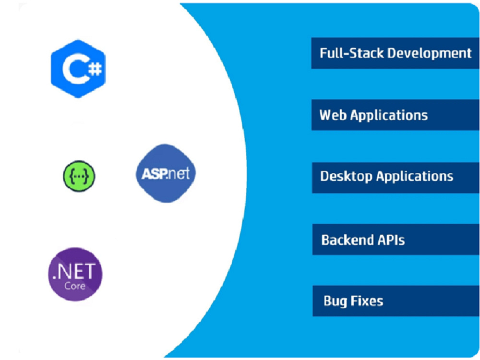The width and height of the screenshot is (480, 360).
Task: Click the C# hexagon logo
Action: pos(78,69)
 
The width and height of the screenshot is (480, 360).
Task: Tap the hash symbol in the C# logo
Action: pos(95,69)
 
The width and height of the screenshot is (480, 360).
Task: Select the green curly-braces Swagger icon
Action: pos(79,176)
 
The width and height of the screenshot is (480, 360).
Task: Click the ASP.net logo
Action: pos(166,173)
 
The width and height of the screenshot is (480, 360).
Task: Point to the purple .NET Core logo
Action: pos(75,274)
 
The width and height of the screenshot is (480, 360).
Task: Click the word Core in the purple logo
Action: pos(75,286)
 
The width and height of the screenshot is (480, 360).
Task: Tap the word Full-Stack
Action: pos(352,53)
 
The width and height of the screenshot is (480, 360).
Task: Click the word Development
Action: pos(430,54)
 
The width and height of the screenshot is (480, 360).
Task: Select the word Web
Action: pos(333,115)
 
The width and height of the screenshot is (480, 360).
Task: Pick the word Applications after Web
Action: pos(389,116)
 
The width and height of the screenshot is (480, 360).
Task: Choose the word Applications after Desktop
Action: pos(415,177)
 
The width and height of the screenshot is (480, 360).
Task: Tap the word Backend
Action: pos(348,240)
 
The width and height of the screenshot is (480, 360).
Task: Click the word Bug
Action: pos(335,301)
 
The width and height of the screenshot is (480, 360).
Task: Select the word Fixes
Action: pos(367,301)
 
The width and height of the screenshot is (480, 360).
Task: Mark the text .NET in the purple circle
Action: pos(74,272)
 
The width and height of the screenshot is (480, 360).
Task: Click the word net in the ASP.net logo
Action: pos(179,174)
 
